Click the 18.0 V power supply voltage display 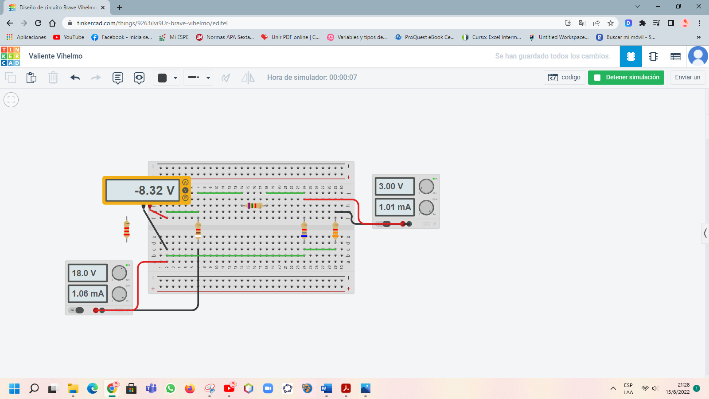87,273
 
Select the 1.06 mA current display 87,293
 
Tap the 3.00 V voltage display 394,187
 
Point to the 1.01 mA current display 394,207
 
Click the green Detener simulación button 626,77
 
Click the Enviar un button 687,77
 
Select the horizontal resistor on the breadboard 254,206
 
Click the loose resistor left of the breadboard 127,229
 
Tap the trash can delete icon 53,78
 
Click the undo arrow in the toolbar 75,78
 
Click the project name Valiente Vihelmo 55,56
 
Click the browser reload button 38,23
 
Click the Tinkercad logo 10,56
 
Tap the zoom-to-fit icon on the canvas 11,100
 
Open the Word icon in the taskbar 326,389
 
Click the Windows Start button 14,389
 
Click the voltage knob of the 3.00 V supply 426,187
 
